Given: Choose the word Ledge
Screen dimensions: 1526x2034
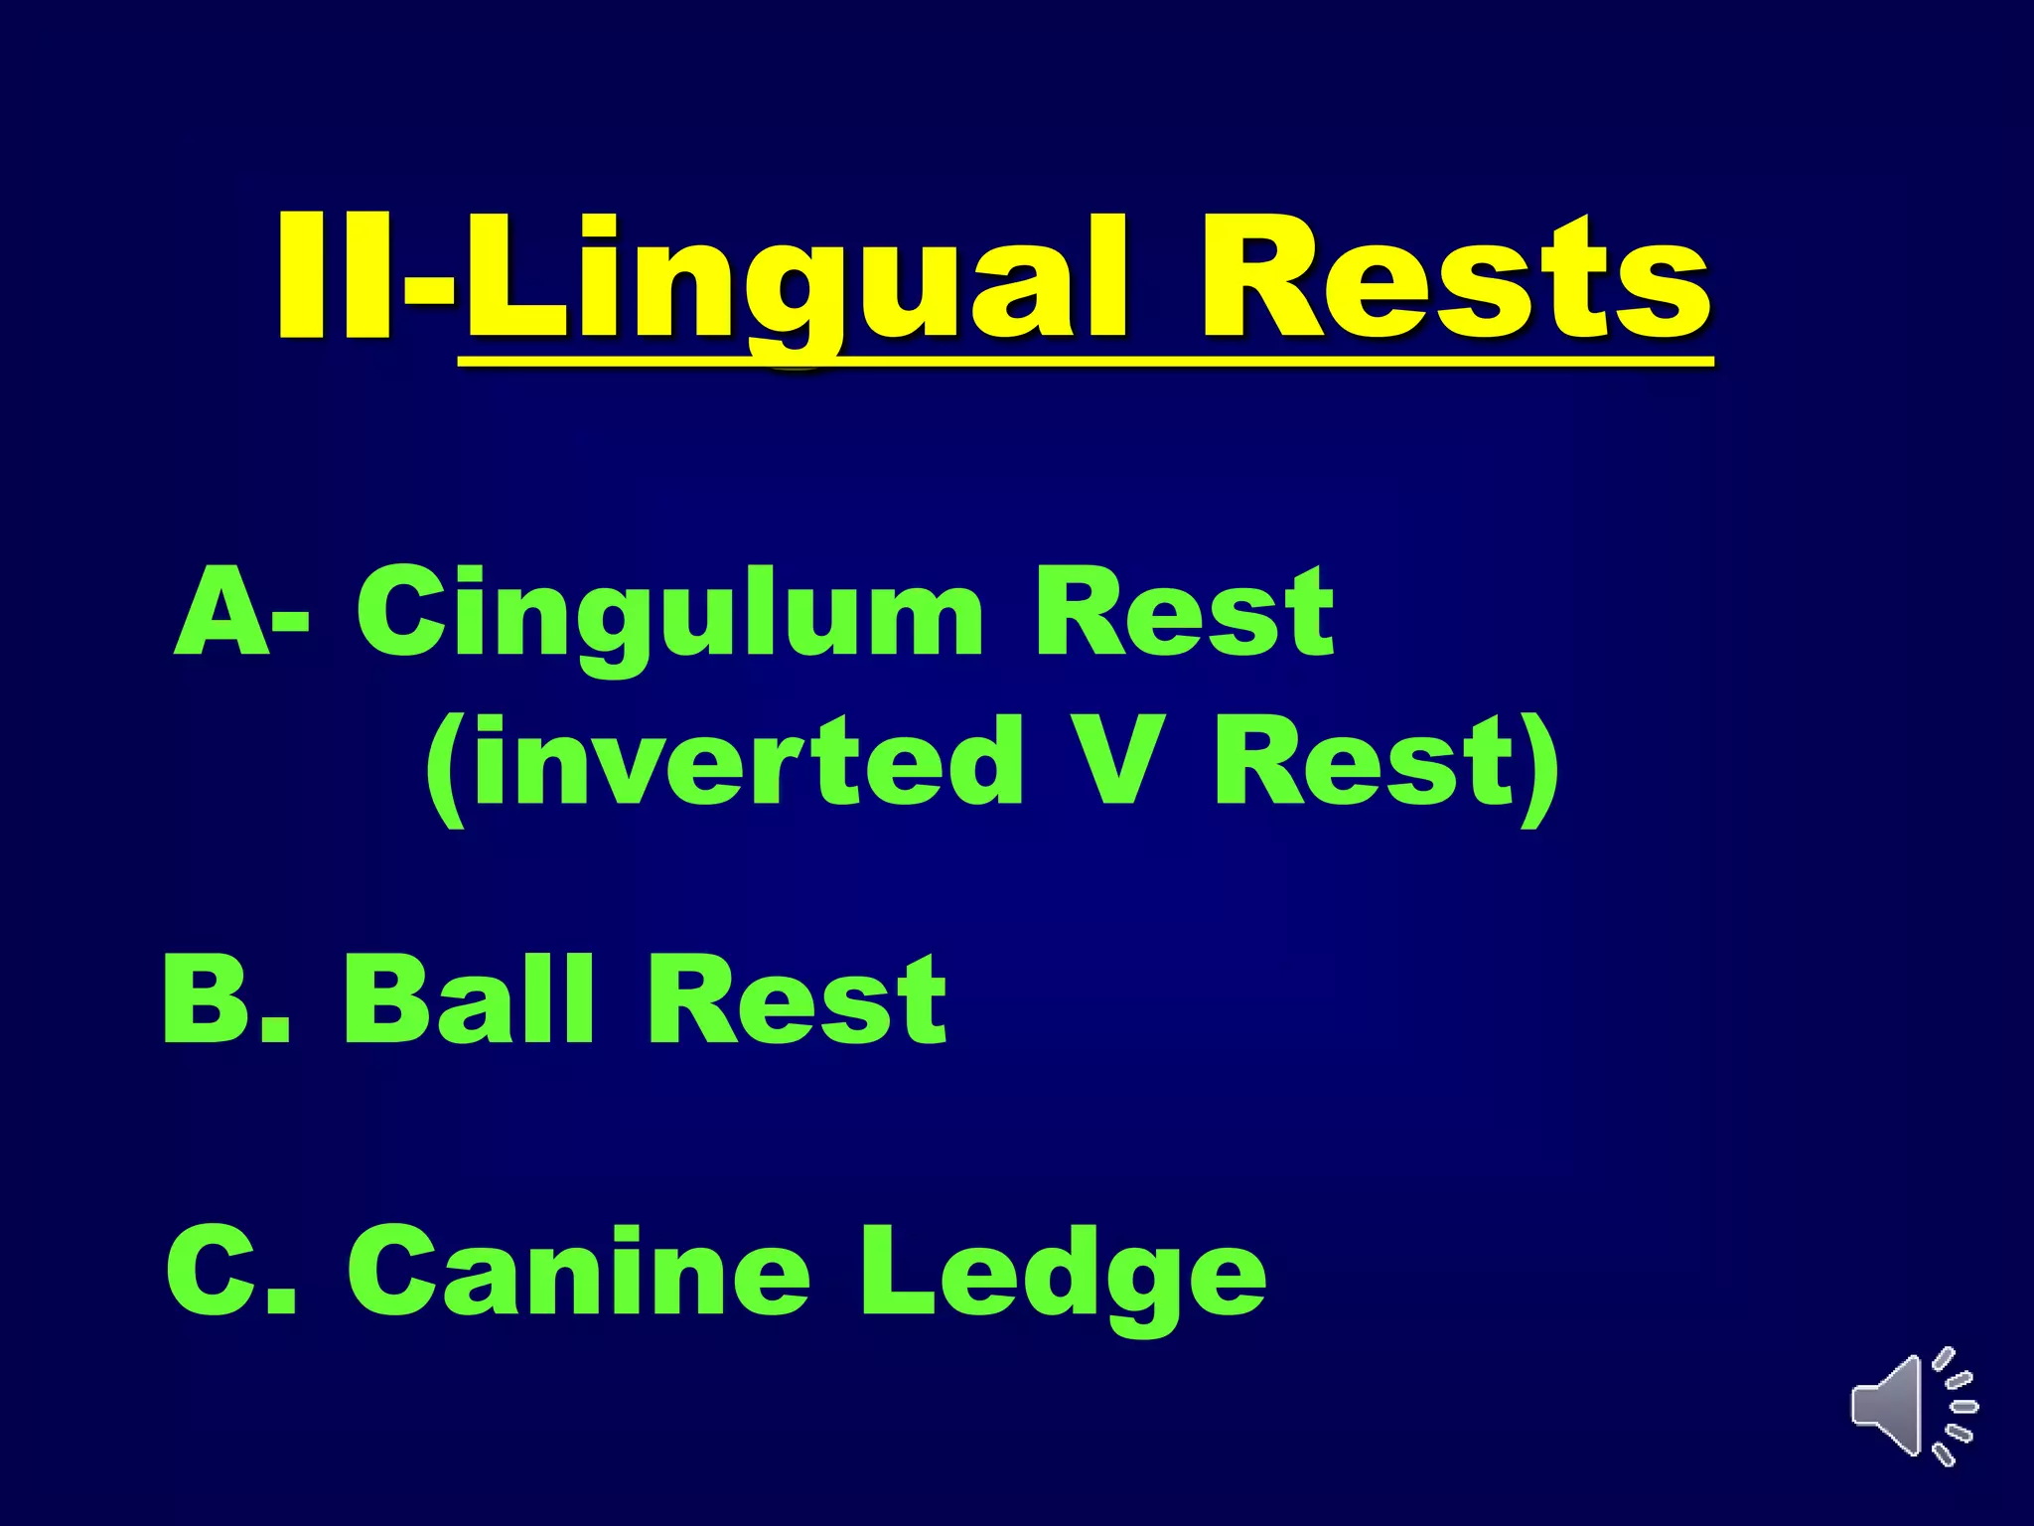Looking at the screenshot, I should point(1063,1276).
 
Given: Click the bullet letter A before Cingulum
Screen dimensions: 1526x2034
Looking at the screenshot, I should point(222,614).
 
